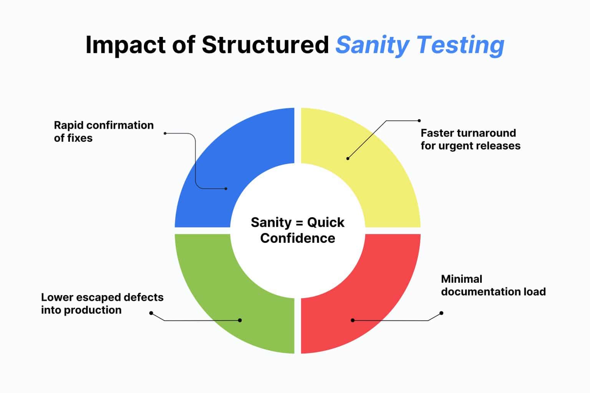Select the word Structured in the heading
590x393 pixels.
pos(265,45)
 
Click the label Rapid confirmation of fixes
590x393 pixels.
pos(103,131)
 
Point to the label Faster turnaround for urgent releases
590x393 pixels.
pos(470,139)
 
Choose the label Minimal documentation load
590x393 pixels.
pos(493,285)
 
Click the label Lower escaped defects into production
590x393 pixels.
pos(102,303)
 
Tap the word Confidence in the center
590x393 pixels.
pos(297,238)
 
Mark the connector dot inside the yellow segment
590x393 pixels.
pos(348,158)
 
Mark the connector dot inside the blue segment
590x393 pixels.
pos(226,189)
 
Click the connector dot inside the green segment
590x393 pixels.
pos(240,320)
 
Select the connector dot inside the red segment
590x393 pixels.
pos(352,320)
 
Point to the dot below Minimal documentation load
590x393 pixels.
pos(441,313)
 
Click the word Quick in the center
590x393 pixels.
pos(326,222)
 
